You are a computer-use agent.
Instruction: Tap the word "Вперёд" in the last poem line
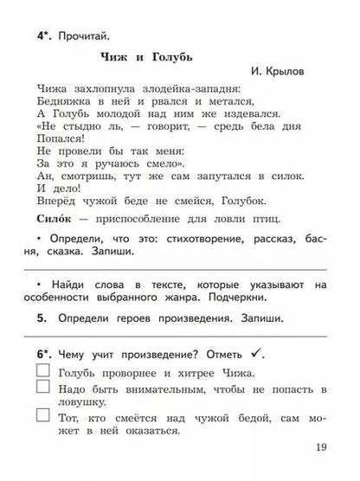61,201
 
